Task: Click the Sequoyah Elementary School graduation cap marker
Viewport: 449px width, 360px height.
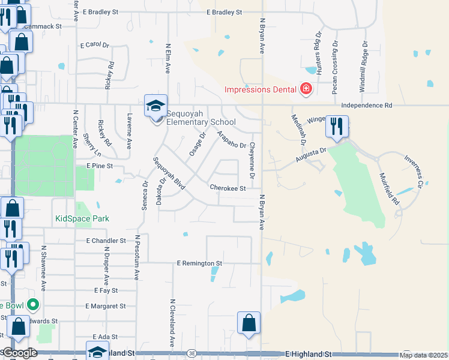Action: [155, 107]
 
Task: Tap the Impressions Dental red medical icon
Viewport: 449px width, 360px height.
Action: [306, 89]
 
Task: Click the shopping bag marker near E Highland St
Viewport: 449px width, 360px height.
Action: [249, 323]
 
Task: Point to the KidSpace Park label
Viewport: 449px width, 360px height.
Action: [82, 219]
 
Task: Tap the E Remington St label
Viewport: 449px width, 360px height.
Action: [200, 263]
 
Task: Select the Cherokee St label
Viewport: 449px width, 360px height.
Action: [228, 188]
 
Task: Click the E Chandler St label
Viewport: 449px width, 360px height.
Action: [106, 241]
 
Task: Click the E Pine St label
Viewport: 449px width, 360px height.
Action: [100, 165]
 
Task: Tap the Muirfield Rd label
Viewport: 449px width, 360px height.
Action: [388, 189]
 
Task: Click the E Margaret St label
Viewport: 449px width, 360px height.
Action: [106, 306]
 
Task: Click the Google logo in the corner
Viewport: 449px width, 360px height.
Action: [20, 353]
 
